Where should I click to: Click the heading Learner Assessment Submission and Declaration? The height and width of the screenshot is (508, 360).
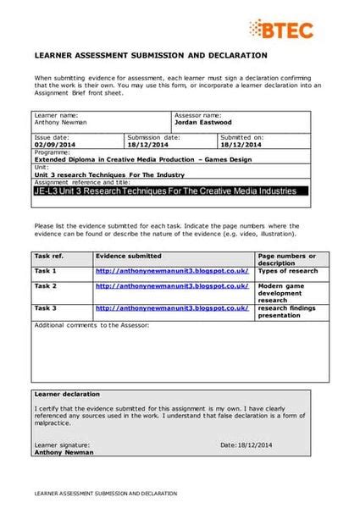click(x=150, y=55)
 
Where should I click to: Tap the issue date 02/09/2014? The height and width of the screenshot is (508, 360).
click(x=54, y=143)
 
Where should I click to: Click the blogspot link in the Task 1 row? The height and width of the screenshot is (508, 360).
click(x=172, y=271)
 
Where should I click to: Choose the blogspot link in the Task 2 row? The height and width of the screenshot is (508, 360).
click(x=172, y=287)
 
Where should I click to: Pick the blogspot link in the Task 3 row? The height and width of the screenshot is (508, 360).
click(x=172, y=308)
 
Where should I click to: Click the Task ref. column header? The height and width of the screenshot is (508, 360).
click(x=49, y=255)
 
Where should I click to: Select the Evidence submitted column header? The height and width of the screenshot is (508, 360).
click(x=129, y=255)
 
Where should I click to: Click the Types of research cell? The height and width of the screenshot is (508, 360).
click(x=288, y=271)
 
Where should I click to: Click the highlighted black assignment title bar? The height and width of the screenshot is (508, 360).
click(x=165, y=191)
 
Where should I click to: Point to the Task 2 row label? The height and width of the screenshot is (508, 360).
click(x=46, y=287)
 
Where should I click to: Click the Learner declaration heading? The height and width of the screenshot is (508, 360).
click(x=67, y=395)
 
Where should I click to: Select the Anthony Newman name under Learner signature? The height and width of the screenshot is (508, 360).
click(x=64, y=452)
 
